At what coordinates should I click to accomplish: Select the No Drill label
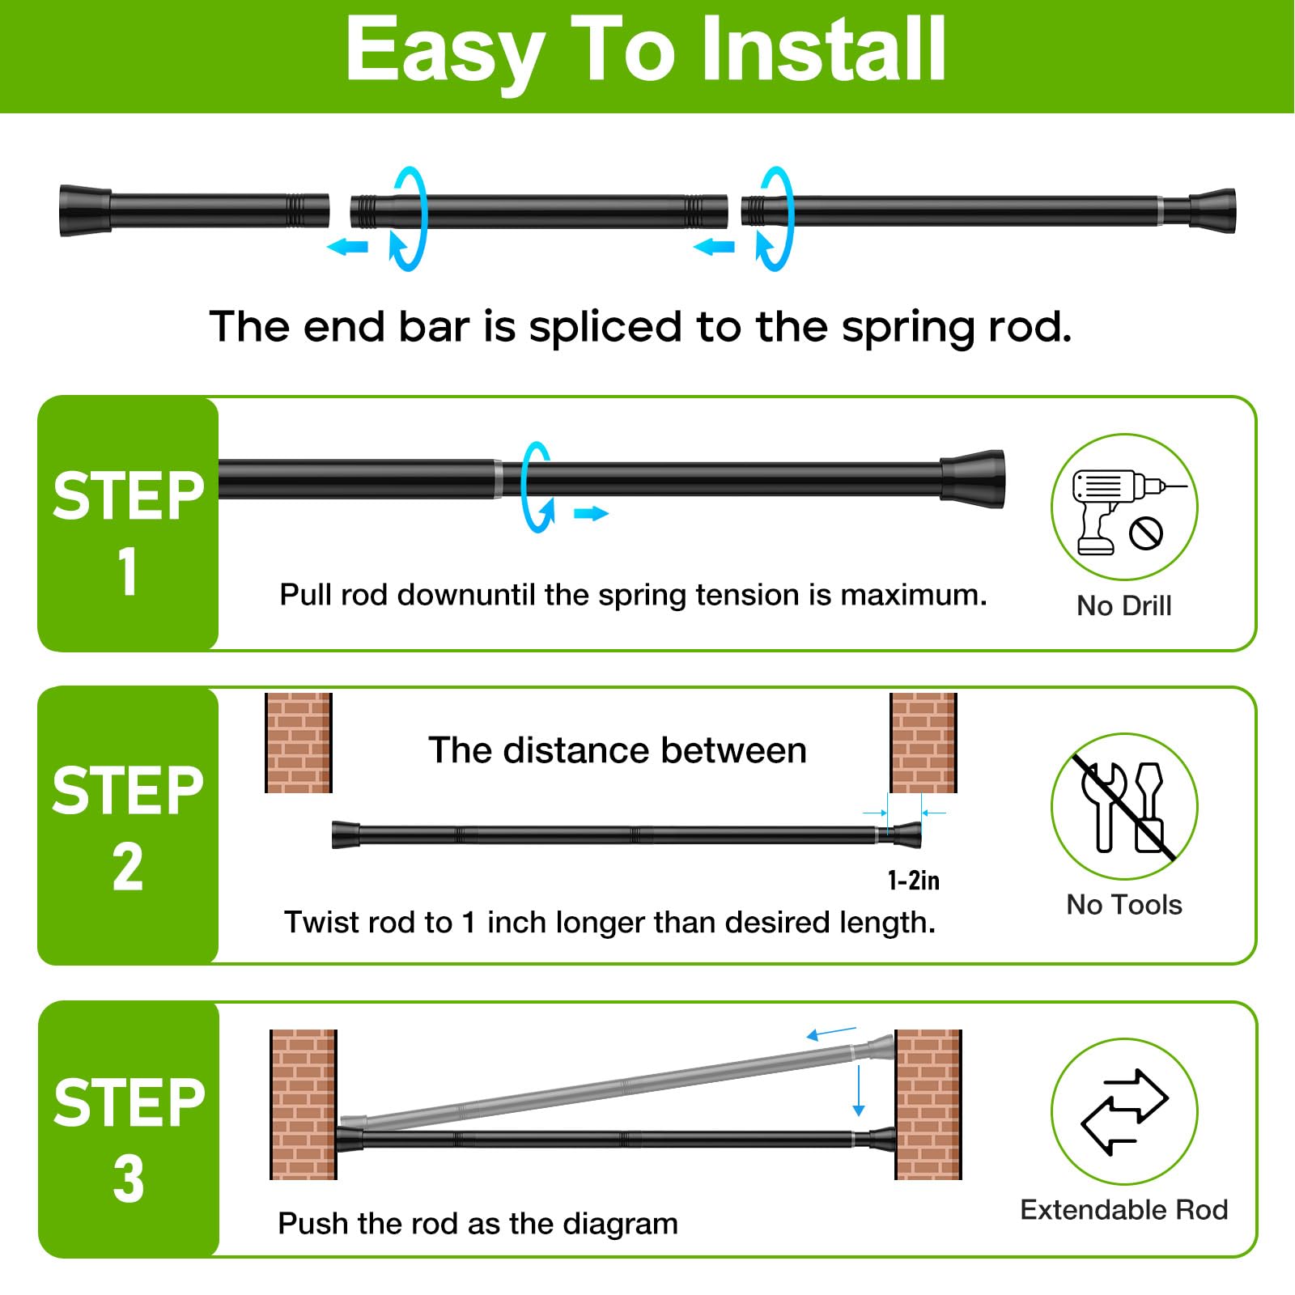(1124, 605)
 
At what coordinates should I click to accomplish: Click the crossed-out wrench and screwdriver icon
(1124, 806)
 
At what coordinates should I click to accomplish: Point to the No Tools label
(1124, 904)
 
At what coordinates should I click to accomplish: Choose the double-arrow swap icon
(1124, 1111)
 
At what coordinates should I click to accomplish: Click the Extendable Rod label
(1124, 1209)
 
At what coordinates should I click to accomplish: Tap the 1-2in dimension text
(914, 880)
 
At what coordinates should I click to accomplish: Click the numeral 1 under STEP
(128, 572)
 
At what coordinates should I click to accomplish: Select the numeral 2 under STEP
(128, 867)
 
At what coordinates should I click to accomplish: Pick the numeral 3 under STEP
(129, 1178)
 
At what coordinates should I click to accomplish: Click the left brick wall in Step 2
(299, 742)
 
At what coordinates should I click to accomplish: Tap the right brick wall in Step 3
(928, 1104)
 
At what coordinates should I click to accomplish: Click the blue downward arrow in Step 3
(859, 1091)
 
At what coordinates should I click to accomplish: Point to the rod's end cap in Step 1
(973, 479)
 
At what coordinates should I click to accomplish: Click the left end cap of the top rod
(85, 210)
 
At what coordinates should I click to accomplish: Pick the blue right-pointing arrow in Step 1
(591, 513)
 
